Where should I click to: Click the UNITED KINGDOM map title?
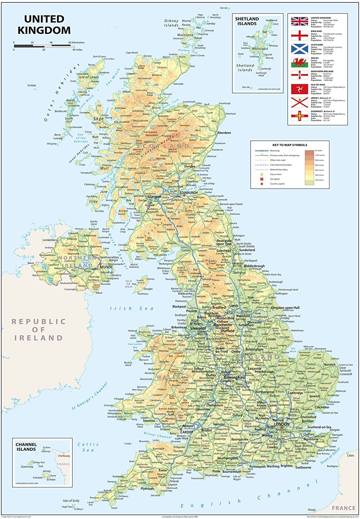[x=44, y=25]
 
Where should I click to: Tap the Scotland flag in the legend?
[x=299, y=49]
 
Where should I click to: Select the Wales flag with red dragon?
[x=299, y=62]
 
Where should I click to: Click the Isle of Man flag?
[x=299, y=89]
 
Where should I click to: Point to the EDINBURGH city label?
[x=188, y=193]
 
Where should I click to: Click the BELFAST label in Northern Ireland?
[x=106, y=267]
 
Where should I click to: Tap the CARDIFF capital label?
[x=187, y=432]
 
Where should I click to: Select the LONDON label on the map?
[x=281, y=424]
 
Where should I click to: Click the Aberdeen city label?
[x=224, y=133]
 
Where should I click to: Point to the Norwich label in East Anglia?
[x=330, y=364]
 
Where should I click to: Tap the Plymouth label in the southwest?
[x=147, y=489]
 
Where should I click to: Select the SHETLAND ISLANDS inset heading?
[x=247, y=21]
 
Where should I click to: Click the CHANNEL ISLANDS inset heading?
[x=26, y=447]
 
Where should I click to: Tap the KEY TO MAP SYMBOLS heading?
[x=290, y=145]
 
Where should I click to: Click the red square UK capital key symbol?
[x=262, y=179]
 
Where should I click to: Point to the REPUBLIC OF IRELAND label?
[x=38, y=329]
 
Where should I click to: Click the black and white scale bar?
[x=43, y=46]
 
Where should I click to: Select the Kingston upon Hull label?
[x=285, y=308]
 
